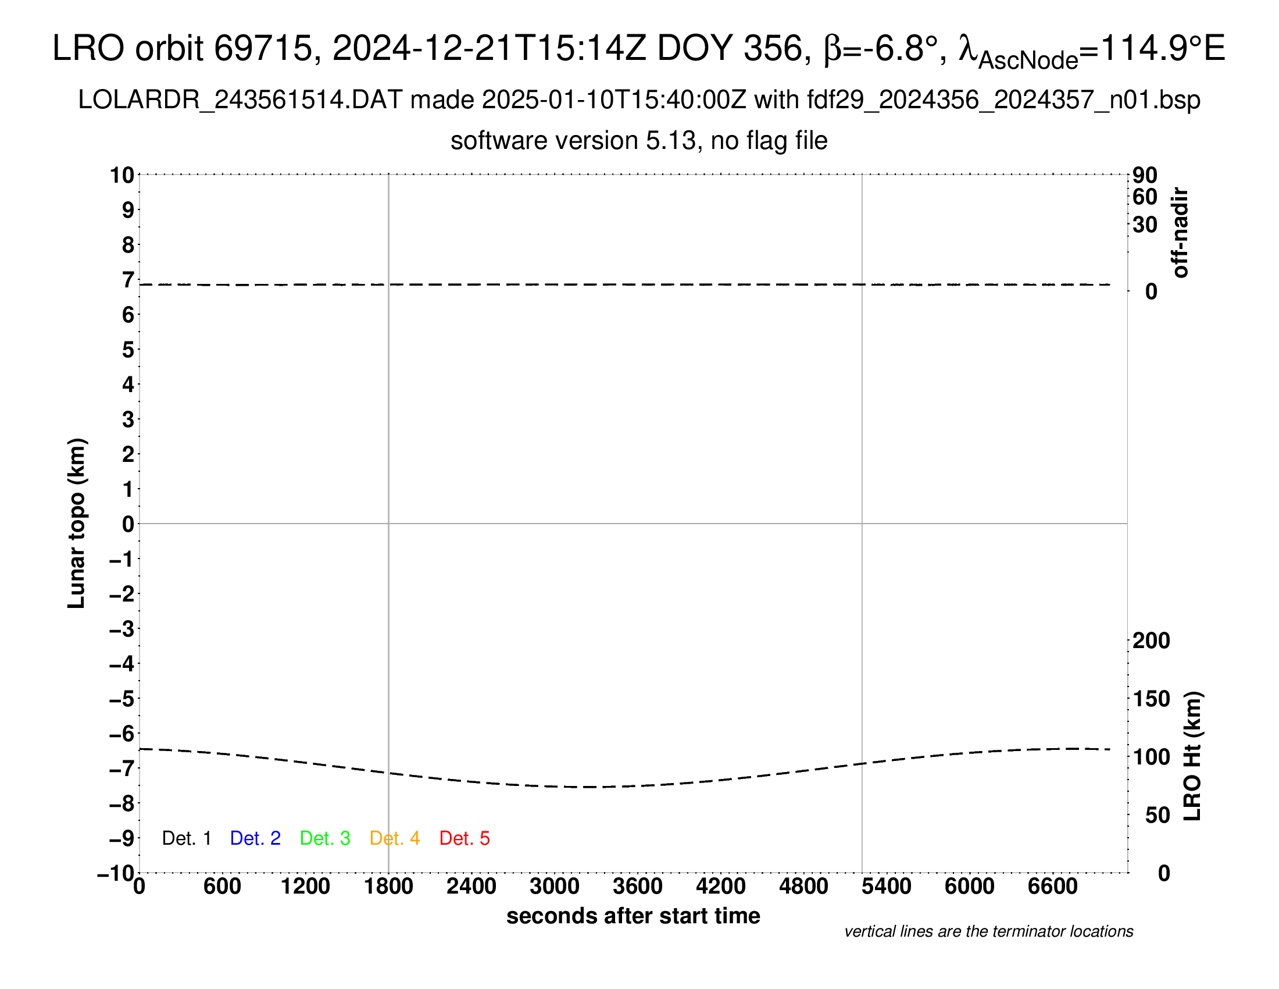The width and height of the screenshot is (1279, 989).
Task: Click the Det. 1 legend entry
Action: [x=186, y=838]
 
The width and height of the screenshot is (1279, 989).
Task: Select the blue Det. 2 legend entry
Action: [x=255, y=838]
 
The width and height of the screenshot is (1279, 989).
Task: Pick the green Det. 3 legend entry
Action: [x=325, y=838]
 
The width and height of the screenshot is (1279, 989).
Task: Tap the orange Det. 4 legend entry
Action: [x=395, y=838]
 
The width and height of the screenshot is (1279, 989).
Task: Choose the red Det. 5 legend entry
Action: [x=465, y=838]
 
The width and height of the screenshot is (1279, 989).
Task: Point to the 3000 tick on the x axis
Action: [x=555, y=886]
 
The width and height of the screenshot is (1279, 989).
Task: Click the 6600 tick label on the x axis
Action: [x=1052, y=886]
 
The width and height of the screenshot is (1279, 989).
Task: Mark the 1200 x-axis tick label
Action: [x=305, y=886]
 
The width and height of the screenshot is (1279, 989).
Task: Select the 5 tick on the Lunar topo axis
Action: [x=128, y=350]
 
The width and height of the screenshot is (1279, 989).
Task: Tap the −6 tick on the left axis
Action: [x=122, y=734]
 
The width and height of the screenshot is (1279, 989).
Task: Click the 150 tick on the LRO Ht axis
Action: [x=1151, y=698]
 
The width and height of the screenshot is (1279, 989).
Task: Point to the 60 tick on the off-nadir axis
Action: [x=1145, y=197]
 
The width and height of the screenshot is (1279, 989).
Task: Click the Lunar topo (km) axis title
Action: [x=77, y=523]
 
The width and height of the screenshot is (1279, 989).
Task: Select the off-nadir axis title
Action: [x=1180, y=233]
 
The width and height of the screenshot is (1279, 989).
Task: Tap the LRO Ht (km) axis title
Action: [x=1192, y=756]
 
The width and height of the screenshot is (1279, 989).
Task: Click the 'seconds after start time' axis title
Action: [x=633, y=916]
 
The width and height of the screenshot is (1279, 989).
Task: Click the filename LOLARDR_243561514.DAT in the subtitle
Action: [x=240, y=100]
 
